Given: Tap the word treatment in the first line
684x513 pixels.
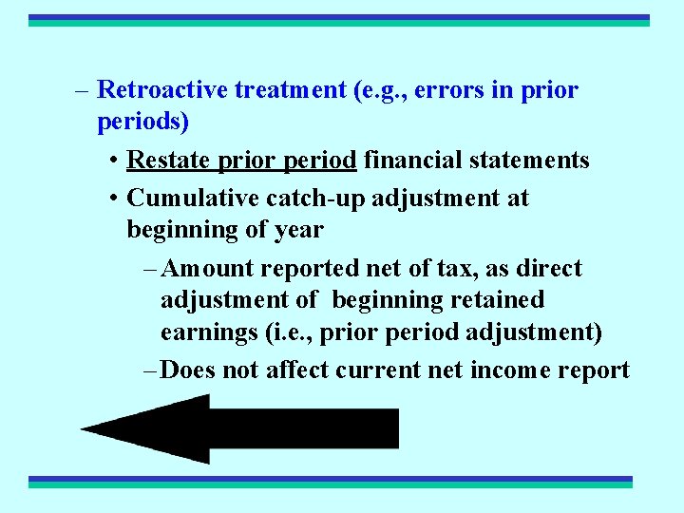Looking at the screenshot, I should pyautogui.click(x=289, y=90).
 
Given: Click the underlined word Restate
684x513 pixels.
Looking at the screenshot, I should pyautogui.click(x=168, y=160).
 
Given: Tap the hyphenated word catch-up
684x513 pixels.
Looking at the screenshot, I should pyautogui.click(x=309, y=199).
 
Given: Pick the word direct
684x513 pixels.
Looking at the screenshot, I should pyautogui.click(x=549, y=269).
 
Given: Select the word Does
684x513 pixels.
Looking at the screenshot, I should pyautogui.click(x=188, y=370).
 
